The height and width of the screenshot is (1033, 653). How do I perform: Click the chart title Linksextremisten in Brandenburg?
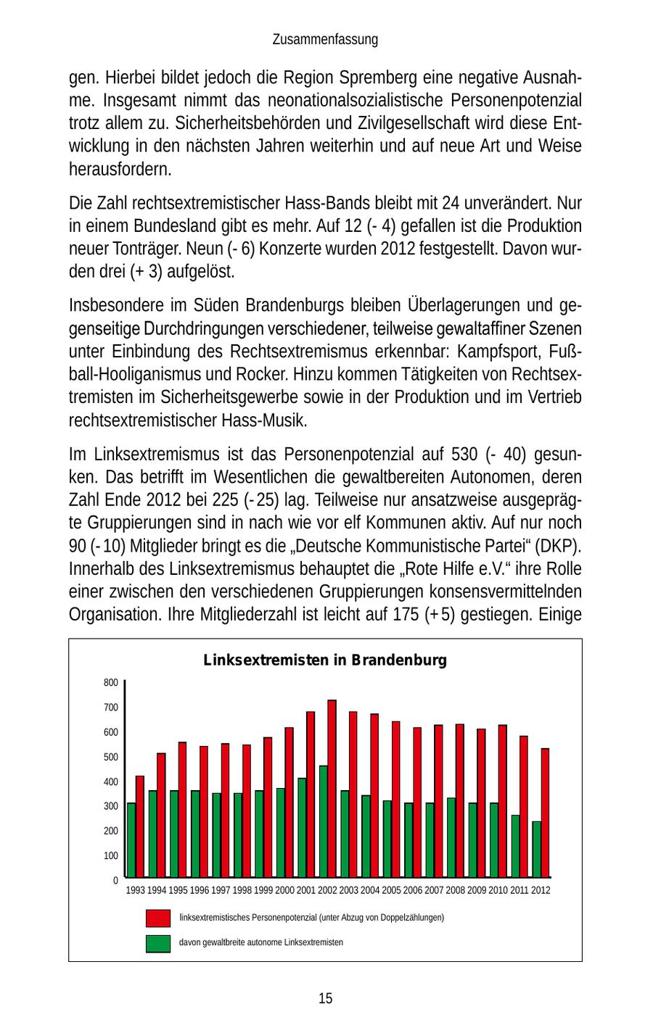[x=325, y=660]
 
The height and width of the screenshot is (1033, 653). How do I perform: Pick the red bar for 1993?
[x=140, y=826]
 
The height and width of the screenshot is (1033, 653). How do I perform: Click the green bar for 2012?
[x=536, y=849]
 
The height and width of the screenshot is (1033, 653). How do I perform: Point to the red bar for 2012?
[x=545, y=813]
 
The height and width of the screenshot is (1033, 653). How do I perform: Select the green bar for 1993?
[x=131, y=840]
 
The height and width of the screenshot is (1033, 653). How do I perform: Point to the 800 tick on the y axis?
[x=110, y=683]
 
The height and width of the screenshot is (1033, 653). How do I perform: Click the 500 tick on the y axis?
[x=110, y=758]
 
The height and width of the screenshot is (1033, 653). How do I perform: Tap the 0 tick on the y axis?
[x=115, y=880]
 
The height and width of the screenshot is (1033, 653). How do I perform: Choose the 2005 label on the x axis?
[x=391, y=890]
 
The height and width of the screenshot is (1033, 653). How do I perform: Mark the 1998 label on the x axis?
[x=242, y=890]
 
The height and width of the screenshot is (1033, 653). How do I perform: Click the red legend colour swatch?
[x=158, y=918]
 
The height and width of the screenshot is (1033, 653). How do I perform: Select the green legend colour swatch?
[x=158, y=943]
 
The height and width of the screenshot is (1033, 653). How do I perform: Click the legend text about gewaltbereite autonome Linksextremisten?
[x=261, y=942]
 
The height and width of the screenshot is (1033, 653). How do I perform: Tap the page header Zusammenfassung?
[x=325, y=40]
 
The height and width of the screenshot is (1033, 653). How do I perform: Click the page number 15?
[x=325, y=998]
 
